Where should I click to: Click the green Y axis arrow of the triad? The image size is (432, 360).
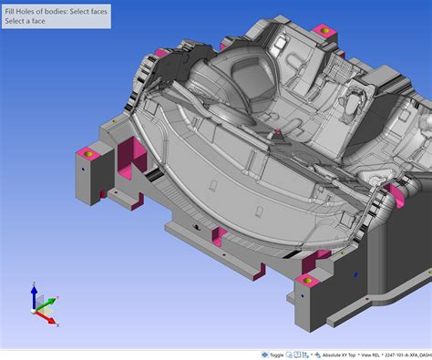(x=51, y=299)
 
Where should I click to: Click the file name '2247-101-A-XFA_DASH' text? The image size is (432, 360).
(x=406, y=354)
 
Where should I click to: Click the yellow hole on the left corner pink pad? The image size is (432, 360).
(x=87, y=154)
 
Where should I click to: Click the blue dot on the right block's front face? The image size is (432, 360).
(x=355, y=273)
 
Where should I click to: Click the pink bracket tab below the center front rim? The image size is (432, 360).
(x=220, y=235)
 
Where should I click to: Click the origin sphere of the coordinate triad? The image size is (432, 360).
(x=36, y=310)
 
